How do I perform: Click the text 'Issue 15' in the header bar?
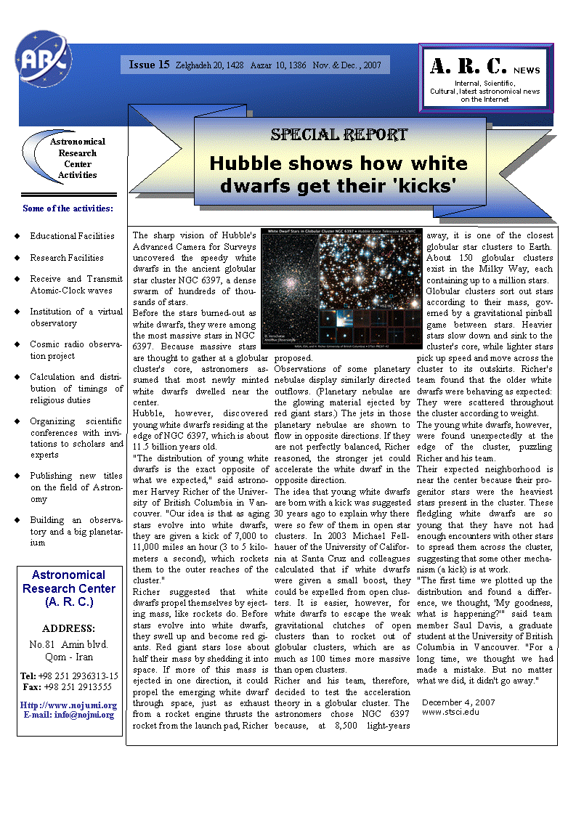click(x=149, y=65)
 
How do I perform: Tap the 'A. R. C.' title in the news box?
click(x=468, y=66)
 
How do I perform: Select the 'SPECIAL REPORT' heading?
click(x=338, y=134)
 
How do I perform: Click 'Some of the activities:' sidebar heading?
click(x=68, y=208)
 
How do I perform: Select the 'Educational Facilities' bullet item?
click(x=72, y=236)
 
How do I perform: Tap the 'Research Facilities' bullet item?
click(x=67, y=258)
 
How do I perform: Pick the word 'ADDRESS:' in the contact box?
click(x=69, y=628)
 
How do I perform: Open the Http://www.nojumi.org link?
click(x=69, y=705)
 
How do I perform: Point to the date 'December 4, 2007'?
click(x=458, y=702)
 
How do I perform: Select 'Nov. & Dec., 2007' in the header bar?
click(x=346, y=65)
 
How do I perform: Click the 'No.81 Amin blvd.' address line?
click(x=68, y=644)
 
